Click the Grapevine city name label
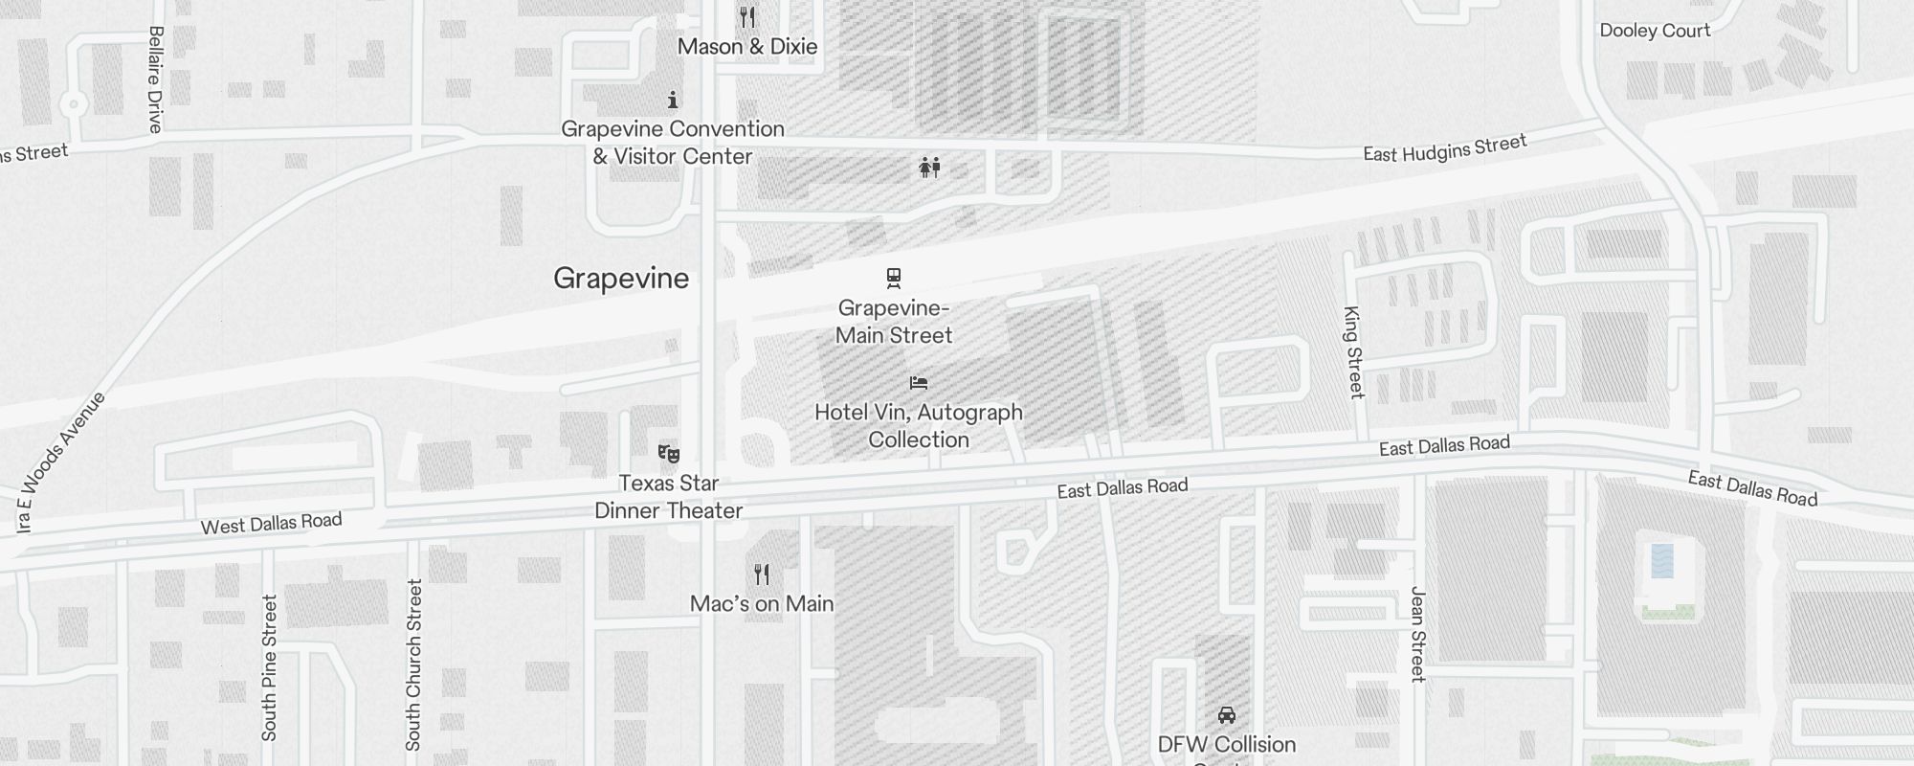[x=621, y=279]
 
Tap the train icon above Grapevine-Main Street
[x=894, y=278]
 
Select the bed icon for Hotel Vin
[x=919, y=383]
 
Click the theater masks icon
[x=669, y=453]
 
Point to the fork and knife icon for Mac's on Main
[x=762, y=574]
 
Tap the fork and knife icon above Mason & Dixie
[x=747, y=17]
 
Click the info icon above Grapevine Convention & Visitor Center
[x=673, y=100]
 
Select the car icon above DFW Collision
[x=1227, y=715]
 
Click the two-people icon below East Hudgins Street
[x=929, y=169]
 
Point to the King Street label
[x=1353, y=351]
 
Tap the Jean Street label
[x=1418, y=634]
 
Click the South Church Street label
[x=413, y=665]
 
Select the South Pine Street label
[x=269, y=667]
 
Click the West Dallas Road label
[x=271, y=524]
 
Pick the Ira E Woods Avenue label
[x=60, y=462]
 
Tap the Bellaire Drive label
[x=156, y=79]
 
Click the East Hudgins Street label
[x=1444, y=148]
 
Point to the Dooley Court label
[x=1655, y=31]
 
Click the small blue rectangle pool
[x=1662, y=560]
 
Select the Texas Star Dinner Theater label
[x=669, y=497]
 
